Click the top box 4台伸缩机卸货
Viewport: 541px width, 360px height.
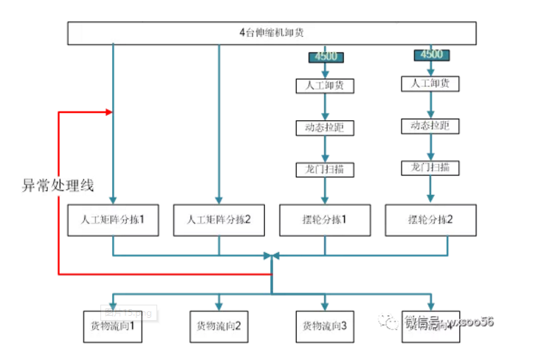(x=272, y=33)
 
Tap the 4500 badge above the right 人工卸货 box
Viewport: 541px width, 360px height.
(x=431, y=55)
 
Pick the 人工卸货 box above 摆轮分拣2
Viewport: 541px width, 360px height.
(x=431, y=83)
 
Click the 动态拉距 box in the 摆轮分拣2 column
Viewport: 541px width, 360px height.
(x=431, y=125)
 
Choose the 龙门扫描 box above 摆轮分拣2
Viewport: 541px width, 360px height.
(x=431, y=167)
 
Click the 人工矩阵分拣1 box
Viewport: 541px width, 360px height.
(x=113, y=220)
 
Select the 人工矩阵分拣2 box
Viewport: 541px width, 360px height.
(x=219, y=220)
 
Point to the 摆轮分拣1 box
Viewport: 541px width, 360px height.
(x=325, y=220)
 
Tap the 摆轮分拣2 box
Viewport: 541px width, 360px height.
(x=431, y=220)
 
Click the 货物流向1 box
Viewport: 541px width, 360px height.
(x=113, y=325)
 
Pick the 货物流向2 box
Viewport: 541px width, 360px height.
(x=219, y=325)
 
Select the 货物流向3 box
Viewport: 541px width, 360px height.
(x=325, y=325)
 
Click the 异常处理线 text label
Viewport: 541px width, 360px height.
(x=58, y=185)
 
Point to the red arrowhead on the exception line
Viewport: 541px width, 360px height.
(x=109, y=112)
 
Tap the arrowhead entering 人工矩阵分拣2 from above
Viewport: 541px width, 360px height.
(x=219, y=199)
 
